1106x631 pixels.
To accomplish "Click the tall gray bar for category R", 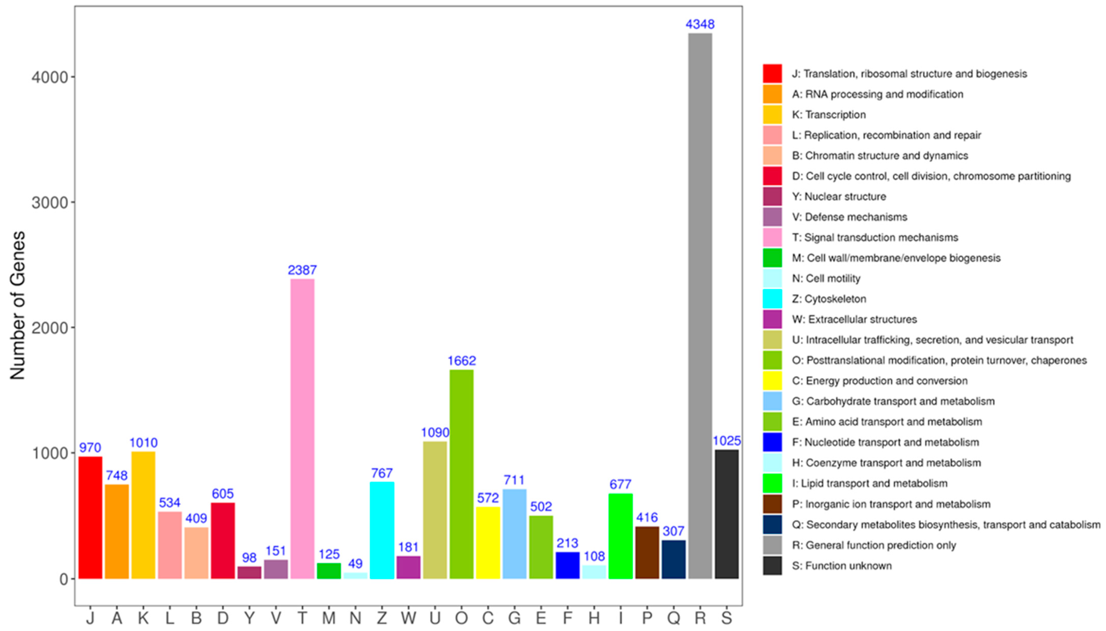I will pos(700,305).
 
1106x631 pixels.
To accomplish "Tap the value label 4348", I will pos(700,24).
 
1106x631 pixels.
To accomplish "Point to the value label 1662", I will pos(461,360).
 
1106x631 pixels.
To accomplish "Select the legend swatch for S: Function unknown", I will pos(772,565).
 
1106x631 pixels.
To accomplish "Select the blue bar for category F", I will pos(567,565).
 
